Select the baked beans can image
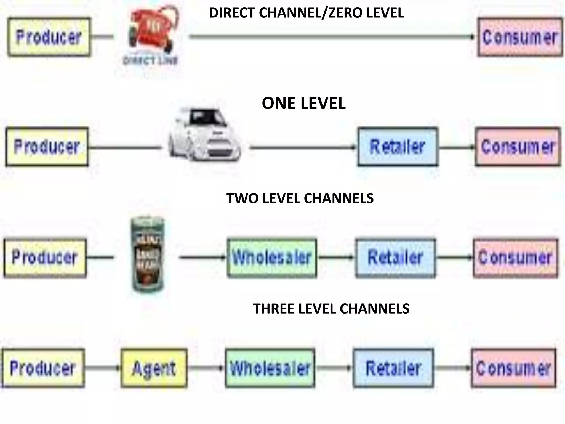click(147, 255)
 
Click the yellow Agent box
click(154, 368)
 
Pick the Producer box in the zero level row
click(49, 37)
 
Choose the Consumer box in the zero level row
click(520, 37)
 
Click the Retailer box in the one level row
click(397, 147)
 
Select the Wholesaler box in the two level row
click(272, 257)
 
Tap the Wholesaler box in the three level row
click(270, 368)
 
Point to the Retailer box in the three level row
click(393, 368)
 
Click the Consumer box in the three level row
click(513, 368)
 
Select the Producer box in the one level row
click(47, 147)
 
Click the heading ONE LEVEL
click(303, 103)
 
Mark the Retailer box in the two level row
click(395, 257)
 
